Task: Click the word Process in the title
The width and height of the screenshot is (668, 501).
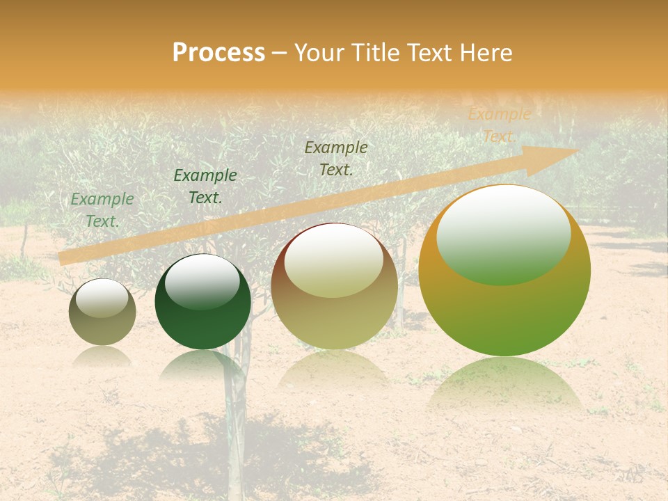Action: [x=218, y=53]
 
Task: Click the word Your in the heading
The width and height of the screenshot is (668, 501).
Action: [x=319, y=53]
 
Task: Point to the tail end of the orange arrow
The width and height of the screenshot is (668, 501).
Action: [x=63, y=258]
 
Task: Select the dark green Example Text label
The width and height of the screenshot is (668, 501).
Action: [x=205, y=186]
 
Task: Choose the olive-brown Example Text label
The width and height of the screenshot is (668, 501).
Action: [x=336, y=158]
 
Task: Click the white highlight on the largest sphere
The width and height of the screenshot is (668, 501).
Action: [x=503, y=224]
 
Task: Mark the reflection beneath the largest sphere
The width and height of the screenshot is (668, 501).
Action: [x=504, y=386]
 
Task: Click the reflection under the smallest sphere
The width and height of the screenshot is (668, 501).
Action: [x=102, y=356]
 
